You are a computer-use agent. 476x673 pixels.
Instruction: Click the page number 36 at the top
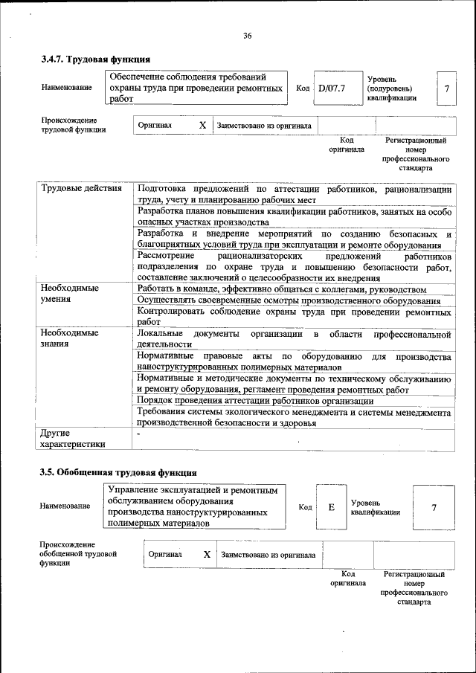point(248,35)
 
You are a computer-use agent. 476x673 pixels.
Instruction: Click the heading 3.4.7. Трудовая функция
point(96,59)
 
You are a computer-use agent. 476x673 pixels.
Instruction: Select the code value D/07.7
point(332,88)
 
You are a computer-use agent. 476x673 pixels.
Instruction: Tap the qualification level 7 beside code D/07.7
point(446,88)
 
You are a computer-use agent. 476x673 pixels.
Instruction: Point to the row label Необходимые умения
point(70,294)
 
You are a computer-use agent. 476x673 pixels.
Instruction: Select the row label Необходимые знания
point(70,339)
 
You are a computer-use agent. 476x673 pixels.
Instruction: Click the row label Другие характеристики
point(72,438)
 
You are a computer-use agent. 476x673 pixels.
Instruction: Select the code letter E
point(332,506)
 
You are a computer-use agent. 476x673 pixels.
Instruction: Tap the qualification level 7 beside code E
point(434,507)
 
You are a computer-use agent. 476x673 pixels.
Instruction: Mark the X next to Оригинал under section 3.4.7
point(202,126)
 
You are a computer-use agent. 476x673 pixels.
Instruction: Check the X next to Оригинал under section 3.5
point(207,555)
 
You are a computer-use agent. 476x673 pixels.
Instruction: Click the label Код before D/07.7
point(303,88)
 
